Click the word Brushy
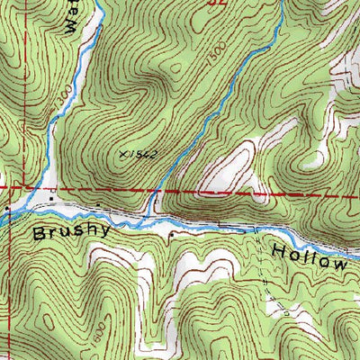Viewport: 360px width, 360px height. [72, 232]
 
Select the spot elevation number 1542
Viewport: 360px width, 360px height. [134, 155]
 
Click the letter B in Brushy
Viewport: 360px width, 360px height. [40, 233]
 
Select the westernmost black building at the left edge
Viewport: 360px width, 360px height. [7, 208]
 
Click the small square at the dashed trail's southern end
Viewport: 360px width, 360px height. [286, 314]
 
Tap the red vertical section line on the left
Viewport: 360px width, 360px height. [13, 270]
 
